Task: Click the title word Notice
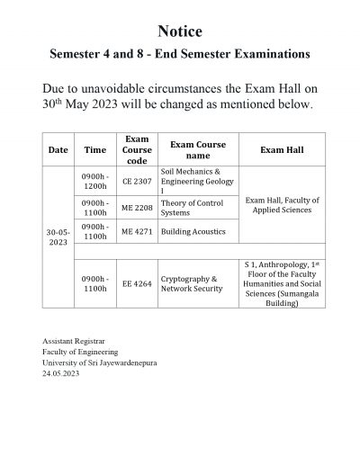(179, 31)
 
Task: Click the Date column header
(58, 150)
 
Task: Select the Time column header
(94, 150)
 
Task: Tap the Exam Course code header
(137, 150)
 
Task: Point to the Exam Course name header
(198, 150)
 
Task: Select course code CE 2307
(137, 180)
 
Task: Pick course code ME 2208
(137, 208)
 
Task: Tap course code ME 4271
(137, 231)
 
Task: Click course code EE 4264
(137, 283)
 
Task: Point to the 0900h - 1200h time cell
(94, 180)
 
